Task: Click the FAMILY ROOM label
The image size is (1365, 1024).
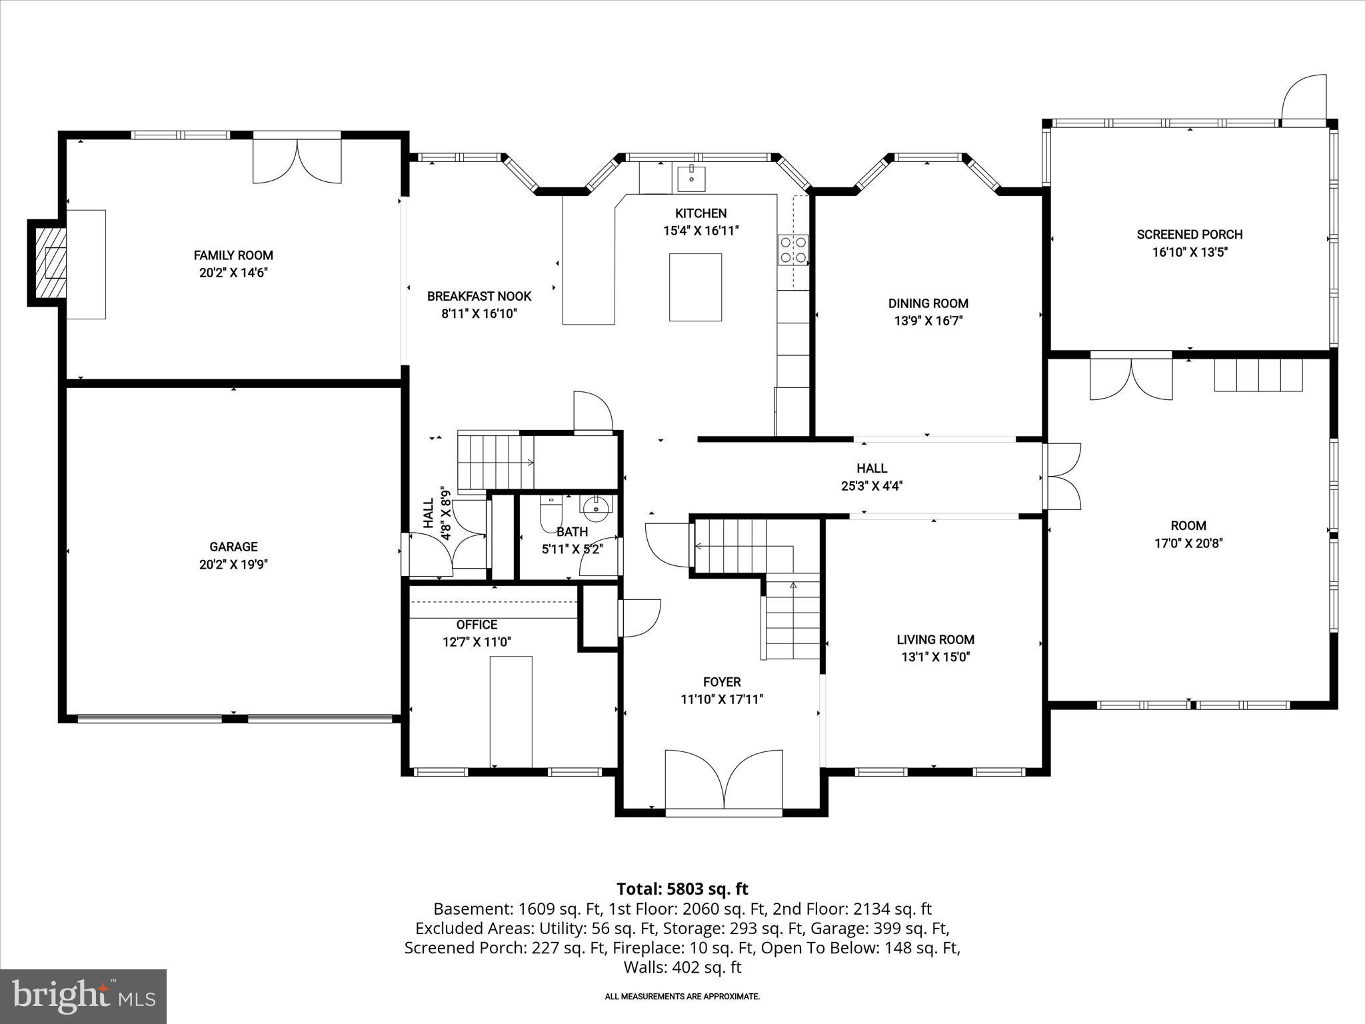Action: tap(233, 255)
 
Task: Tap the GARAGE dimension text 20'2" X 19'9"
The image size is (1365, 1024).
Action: tap(233, 565)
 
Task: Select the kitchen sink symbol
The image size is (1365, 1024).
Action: tap(692, 179)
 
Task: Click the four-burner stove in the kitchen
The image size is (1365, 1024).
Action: tap(793, 250)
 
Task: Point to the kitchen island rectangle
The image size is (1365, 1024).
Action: tap(695, 287)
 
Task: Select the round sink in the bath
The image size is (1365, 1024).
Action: tap(595, 509)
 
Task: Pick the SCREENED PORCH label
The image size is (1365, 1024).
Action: tap(1190, 235)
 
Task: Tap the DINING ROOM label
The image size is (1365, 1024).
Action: tap(928, 303)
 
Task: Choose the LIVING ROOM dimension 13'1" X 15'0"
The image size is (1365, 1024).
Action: tap(935, 657)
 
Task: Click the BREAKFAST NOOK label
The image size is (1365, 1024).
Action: tap(479, 297)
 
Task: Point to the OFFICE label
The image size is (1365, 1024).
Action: tap(477, 625)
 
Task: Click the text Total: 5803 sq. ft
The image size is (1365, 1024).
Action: tap(682, 889)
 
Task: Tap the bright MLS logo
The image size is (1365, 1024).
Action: tap(83, 996)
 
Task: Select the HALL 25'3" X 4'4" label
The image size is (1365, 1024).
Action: tap(872, 477)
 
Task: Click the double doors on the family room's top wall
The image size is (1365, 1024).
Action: tap(297, 160)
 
